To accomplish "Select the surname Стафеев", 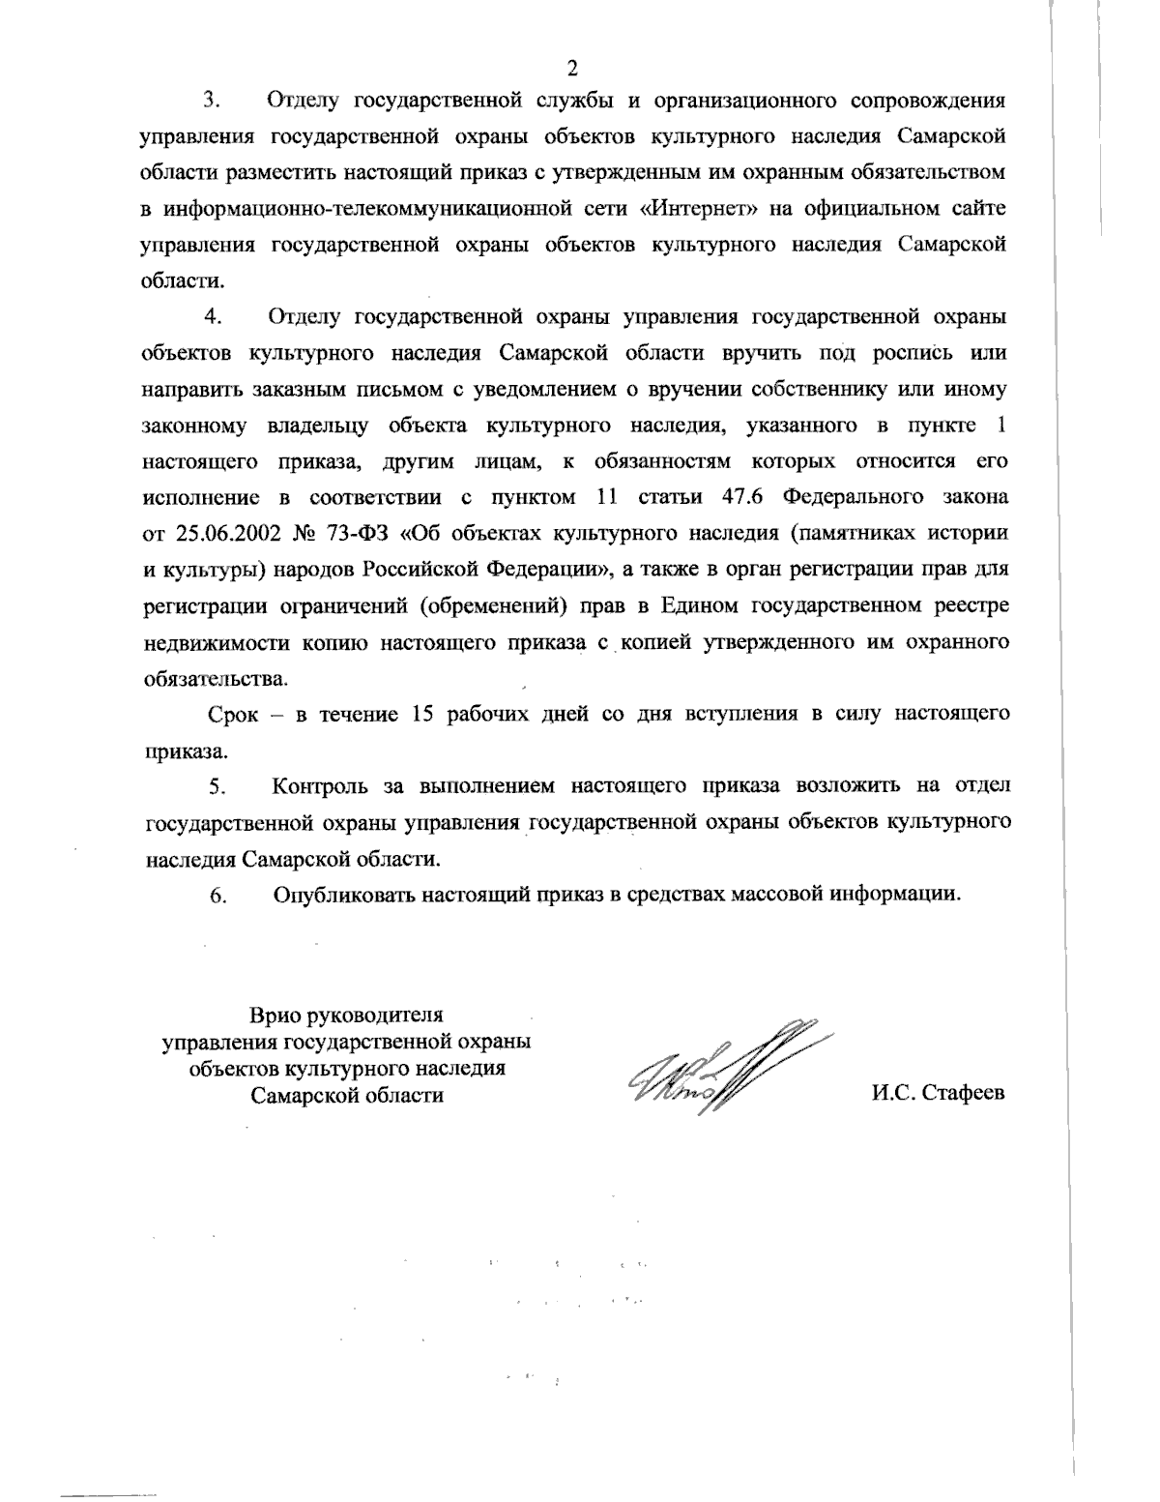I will click(x=963, y=1094).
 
